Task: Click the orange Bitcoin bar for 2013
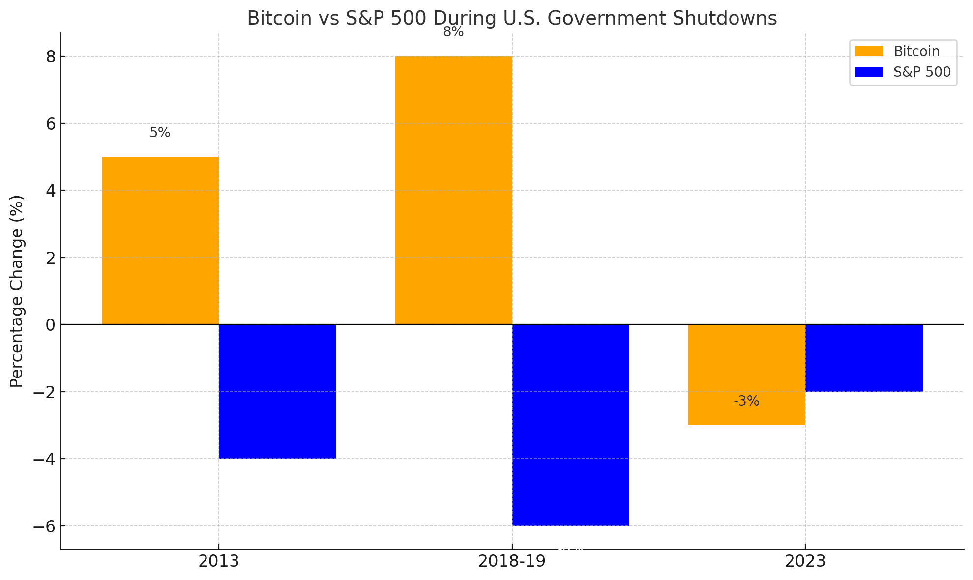[x=160, y=241]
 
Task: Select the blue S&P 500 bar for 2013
[x=277, y=391]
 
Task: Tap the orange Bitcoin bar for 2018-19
[x=453, y=190]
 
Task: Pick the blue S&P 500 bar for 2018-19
[x=570, y=425]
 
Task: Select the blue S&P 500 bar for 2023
[x=864, y=358]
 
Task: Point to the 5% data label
[x=160, y=133]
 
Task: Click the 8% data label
[x=453, y=32]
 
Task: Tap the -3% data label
[x=746, y=401]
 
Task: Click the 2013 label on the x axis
[x=219, y=561]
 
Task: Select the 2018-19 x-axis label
[x=512, y=561]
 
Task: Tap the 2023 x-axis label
[x=805, y=561]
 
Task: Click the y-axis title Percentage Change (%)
[x=17, y=291]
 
